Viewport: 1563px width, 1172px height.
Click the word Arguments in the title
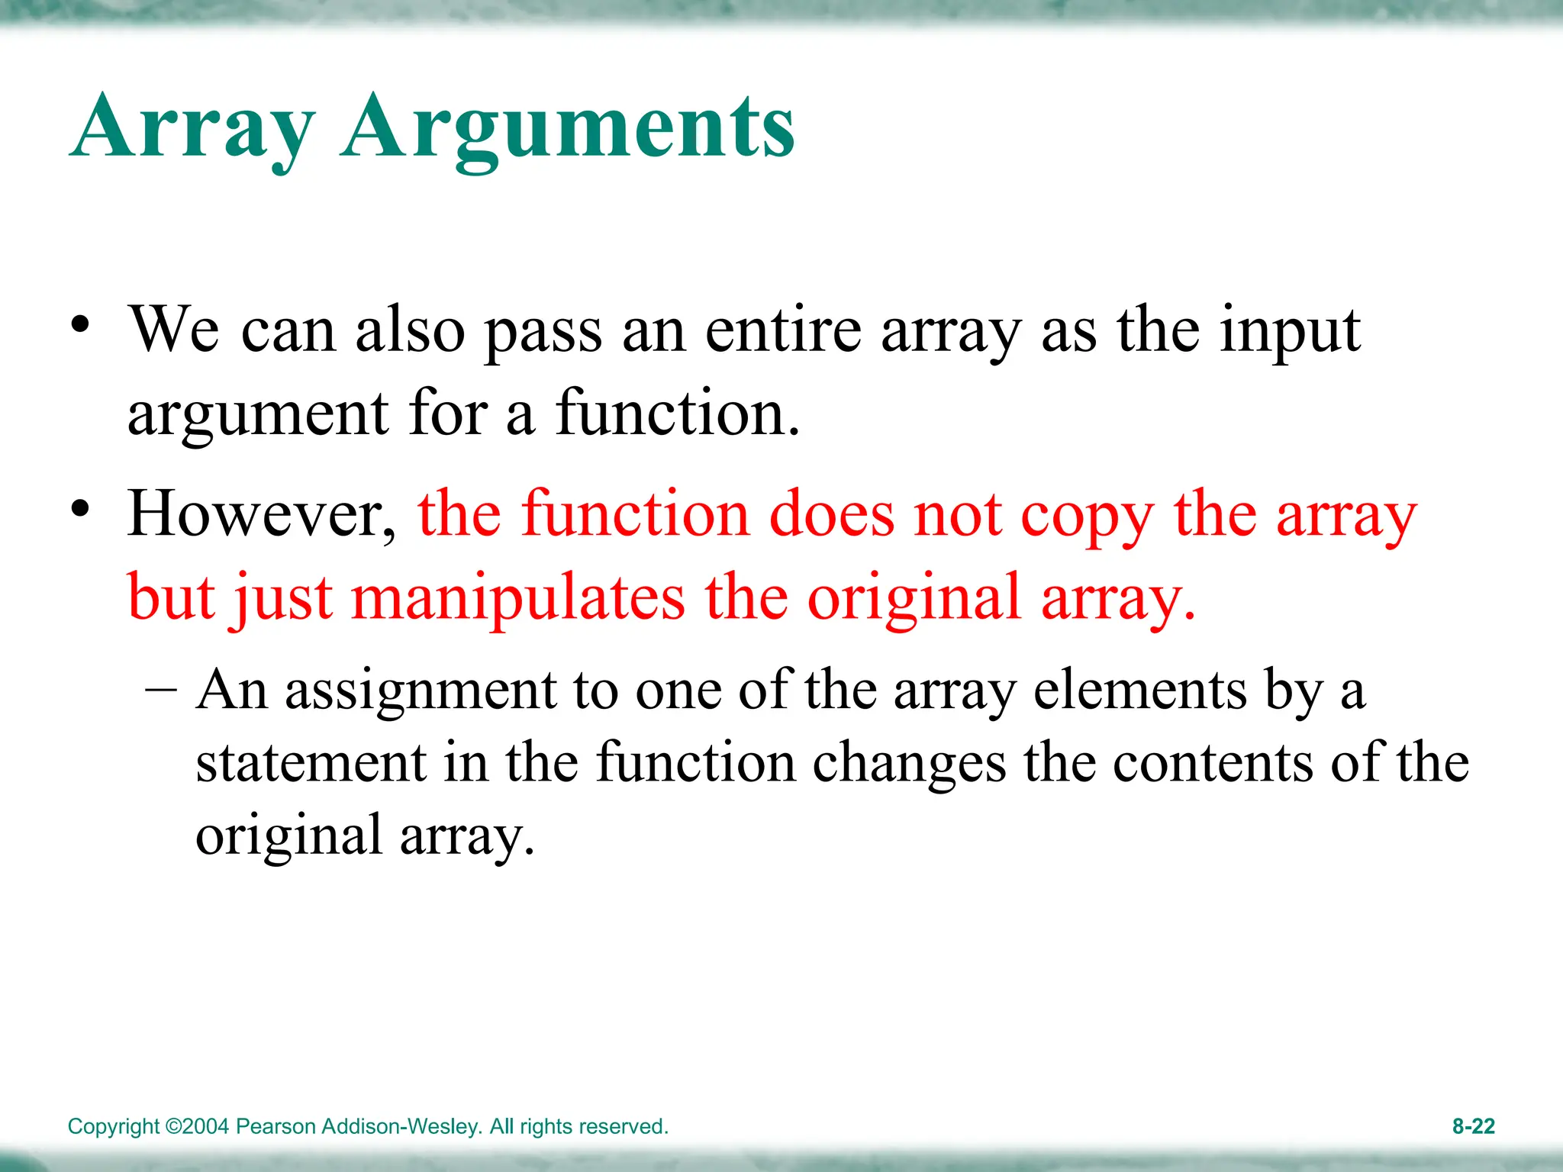568,128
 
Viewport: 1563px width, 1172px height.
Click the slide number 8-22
1473,1126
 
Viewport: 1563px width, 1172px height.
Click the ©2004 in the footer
197,1127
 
